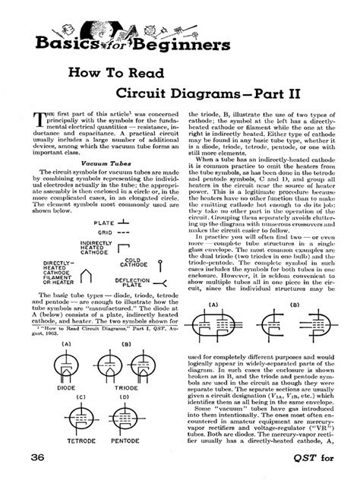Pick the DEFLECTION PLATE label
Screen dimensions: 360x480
coord(132,281)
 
